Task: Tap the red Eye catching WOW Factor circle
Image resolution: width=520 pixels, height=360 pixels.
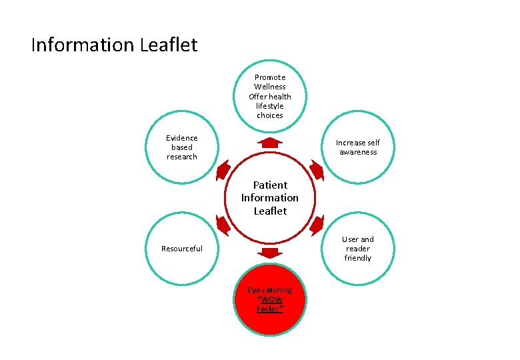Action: tap(269, 300)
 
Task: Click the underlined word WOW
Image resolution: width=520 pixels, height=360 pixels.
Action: tap(270, 300)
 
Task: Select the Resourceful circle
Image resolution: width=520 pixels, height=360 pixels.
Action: tap(181, 249)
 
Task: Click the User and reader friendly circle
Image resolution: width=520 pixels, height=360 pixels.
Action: tap(358, 249)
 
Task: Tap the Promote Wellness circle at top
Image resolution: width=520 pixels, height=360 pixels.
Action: tap(270, 97)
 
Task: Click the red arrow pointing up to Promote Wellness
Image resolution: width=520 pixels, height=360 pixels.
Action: tap(270, 143)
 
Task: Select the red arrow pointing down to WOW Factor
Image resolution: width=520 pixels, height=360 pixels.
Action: tap(270, 252)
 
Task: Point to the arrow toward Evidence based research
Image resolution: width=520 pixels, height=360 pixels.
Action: tap(223, 170)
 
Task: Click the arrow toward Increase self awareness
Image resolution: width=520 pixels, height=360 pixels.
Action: tap(317, 170)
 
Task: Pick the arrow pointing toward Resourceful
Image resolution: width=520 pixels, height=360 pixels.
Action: tap(223, 225)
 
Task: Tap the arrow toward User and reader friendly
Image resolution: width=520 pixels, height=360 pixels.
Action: tap(317, 225)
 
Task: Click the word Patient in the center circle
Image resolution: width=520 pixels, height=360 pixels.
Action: tap(270, 185)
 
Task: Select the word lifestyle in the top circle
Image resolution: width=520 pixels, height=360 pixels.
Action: tap(270, 106)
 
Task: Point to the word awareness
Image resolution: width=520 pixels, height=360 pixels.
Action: tap(358, 153)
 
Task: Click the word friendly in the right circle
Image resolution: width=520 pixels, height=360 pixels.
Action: tap(358, 258)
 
